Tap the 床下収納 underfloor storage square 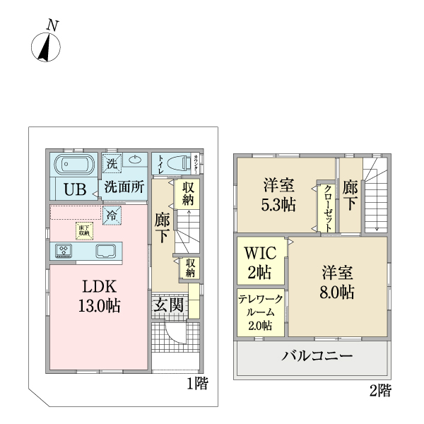83,230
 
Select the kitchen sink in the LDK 106,251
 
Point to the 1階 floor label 197,384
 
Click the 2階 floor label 379,389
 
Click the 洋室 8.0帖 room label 338,282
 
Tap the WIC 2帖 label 260,261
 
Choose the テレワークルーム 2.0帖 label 260,312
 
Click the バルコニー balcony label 318,355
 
